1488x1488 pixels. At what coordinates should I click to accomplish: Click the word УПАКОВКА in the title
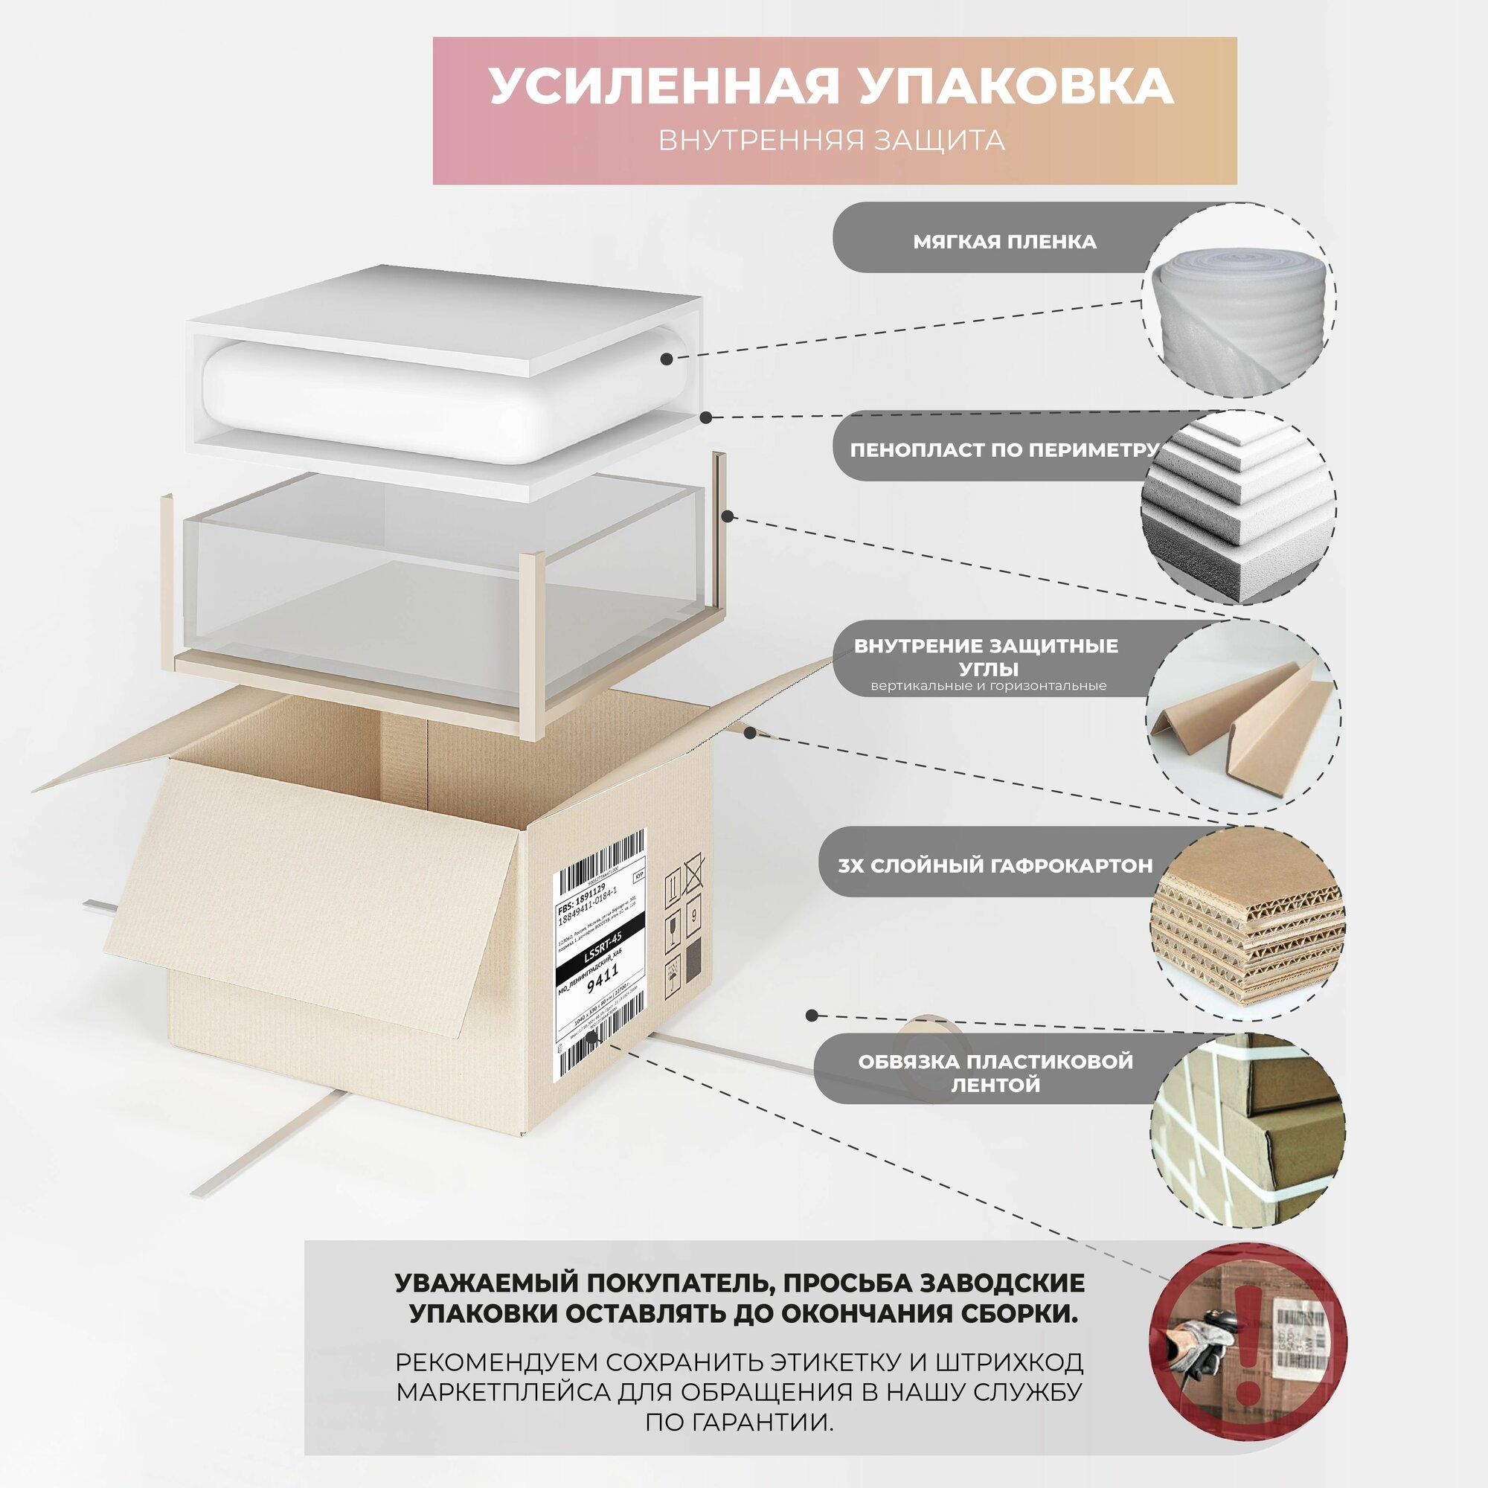(1016, 86)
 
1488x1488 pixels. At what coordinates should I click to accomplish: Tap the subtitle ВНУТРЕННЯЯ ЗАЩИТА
(831, 140)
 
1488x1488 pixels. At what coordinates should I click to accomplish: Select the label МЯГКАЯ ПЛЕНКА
(1004, 242)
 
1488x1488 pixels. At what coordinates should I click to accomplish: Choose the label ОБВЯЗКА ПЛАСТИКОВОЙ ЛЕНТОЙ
(995, 1073)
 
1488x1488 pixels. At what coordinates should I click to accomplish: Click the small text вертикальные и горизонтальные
(988, 685)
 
